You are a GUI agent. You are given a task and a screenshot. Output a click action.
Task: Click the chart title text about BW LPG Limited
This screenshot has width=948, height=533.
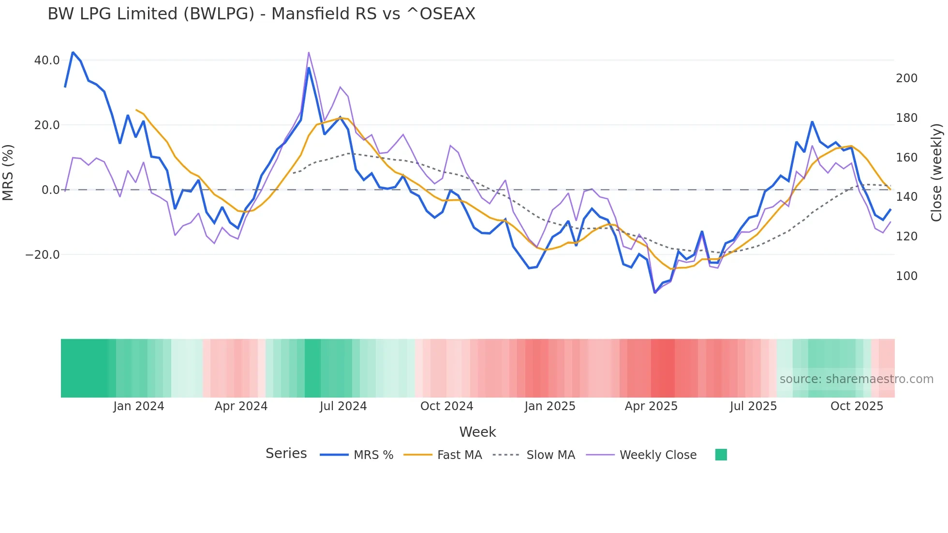pyautogui.click(x=261, y=14)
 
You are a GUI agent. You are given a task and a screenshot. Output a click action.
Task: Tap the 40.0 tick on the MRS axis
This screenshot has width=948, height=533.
pyautogui.click(x=47, y=60)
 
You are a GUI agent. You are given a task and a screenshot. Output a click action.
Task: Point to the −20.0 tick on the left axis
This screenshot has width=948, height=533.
pyautogui.click(x=43, y=255)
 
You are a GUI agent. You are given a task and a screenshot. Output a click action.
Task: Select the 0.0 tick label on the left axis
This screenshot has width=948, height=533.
pyautogui.click(x=50, y=190)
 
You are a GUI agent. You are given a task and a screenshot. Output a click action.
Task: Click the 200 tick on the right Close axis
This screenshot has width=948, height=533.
pyautogui.click(x=906, y=78)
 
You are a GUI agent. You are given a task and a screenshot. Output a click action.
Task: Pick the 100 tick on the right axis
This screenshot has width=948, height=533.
pyautogui.click(x=906, y=276)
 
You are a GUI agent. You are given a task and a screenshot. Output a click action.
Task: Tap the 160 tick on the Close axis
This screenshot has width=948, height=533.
pyautogui.click(x=906, y=158)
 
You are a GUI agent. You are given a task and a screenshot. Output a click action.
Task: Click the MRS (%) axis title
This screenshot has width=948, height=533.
pyautogui.click(x=8, y=173)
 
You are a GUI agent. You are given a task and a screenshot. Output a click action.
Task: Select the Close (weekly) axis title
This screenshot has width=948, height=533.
pyautogui.click(x=936, y=173)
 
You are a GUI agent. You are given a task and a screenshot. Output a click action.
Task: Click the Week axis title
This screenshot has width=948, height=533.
pyautogui.click(x=477, y=432)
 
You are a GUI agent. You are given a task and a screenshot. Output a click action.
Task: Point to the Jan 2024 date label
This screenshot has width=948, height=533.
pyautogui.click(x=139, y=406)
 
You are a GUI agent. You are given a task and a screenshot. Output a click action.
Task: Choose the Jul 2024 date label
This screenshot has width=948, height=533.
pyautogui.click(x=343, y=406)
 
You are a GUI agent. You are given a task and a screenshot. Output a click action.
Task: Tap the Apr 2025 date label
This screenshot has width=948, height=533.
pyautogui.click(x=651, y=406)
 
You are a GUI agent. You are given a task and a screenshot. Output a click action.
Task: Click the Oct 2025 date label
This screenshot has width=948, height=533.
pyautogui.click(x=857, y=406)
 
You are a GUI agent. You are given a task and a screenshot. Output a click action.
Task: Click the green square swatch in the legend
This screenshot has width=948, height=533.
pyautogui.click(x=721, y=455)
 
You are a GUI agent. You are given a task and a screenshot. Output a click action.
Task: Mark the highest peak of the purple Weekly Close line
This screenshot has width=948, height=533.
pyautogui.click(x=309, y=52)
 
